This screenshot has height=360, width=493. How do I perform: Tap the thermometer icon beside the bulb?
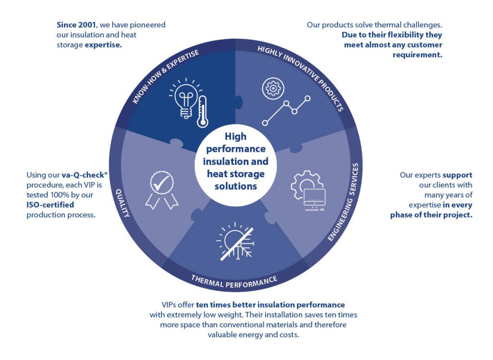coord(202,112)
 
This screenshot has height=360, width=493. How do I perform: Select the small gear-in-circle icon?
coord(273,88)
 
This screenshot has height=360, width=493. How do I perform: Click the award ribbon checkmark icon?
coord(162,190)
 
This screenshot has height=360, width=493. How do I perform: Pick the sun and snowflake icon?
coord(235,241)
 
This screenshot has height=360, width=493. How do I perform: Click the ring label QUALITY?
coord(123,203)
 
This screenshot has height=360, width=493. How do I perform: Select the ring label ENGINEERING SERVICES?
coord(344,202)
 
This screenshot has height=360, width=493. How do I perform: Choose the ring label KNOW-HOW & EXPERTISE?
coord(166,76)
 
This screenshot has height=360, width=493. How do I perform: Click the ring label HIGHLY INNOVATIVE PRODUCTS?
coord(300,78)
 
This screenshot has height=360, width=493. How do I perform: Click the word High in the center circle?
coord(235,136)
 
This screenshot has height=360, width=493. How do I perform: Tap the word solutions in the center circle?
coord(235,187)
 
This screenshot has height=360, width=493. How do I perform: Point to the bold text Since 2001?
coord(76,25)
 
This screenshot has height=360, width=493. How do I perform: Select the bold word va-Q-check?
coord(83,175)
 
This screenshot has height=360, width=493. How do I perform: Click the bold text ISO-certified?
coord(50,205)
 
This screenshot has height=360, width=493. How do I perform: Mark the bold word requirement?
coord(417,55)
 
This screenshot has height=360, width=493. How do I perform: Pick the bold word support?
coord(457,175)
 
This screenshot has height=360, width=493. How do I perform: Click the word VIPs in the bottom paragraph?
coord(169,305)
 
